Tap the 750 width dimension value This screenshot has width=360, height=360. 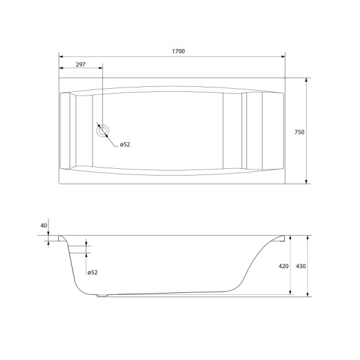pyautogui.click(x=299, y=132)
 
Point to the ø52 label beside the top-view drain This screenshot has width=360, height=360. pyautogui.click(x=124, y=145)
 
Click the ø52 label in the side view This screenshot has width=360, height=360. pyautogui.click(x=92, y=272)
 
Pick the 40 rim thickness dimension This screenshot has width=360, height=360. pyautogui.click(x=43, y=225)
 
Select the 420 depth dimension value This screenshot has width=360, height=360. pyautogui.click(x=283, y=266)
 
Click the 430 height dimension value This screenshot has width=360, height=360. pyautogui.click(x=300, y=266)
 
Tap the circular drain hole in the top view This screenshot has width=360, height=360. pyautogui.click(x=102, y=130)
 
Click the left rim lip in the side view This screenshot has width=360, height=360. pyautogui.click(x=62, y=238)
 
